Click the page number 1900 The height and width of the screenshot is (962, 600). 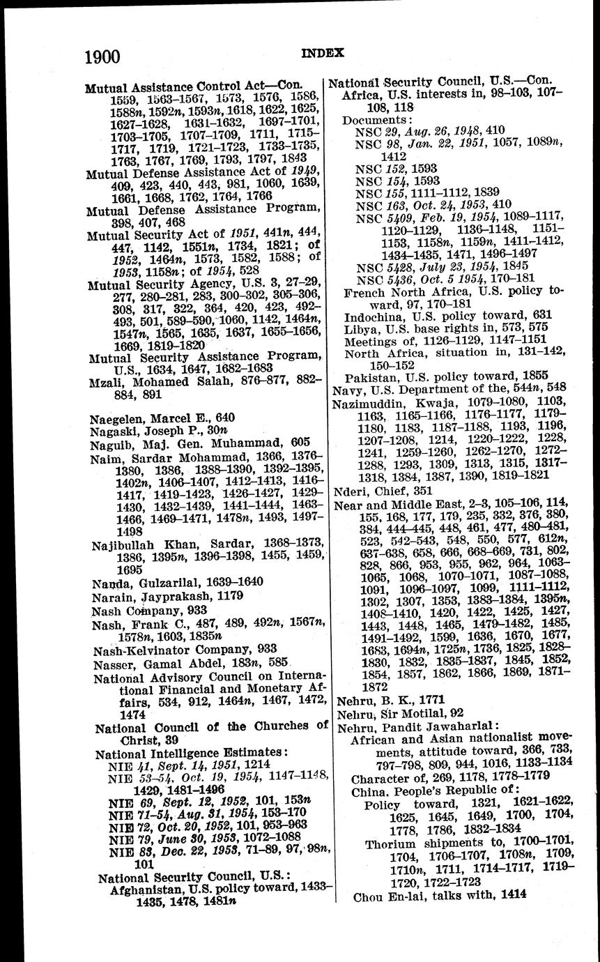pyautogui.click(x=102, y=56)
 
